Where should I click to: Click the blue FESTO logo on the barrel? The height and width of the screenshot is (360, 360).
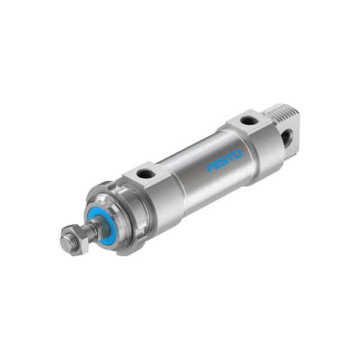224,160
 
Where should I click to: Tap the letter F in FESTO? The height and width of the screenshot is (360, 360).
211,167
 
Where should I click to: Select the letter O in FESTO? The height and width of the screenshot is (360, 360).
238,154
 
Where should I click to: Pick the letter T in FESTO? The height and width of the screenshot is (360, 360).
230,158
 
